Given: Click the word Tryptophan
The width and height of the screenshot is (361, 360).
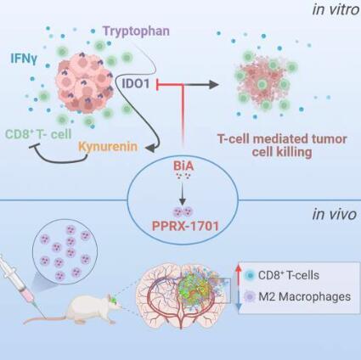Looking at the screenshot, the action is pyautogui.click(x=136, y=31).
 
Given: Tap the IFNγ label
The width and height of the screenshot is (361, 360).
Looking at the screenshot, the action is pyautogui.click(x=24, y=59).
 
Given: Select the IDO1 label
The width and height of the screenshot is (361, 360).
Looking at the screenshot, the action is pyautogui.click(x=136, y=83).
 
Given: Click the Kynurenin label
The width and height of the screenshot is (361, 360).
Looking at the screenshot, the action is pyautogui.click(x=108, y=147).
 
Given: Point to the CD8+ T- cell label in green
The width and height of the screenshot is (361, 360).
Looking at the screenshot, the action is pyautogui.click(x=38, y=134).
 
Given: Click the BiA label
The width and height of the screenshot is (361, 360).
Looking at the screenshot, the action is pyautogui.click(x=183, y=166).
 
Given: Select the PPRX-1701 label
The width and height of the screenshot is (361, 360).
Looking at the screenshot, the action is pyautogui.click(x=185, y=226).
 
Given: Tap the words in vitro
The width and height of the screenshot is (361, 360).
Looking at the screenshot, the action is pyautogui.click(x=336, y=9).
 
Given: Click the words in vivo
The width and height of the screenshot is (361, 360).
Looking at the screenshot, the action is pyautogui.click(x=335, y=214).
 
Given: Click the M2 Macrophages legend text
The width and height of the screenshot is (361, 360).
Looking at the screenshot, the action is pyautogui.click(x=305, y=296).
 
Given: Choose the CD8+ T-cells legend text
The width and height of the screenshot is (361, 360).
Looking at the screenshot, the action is pyautogui.click(x=289, y=275).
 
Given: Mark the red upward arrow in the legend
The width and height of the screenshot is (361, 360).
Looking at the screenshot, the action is pyautogui.click(x=239, y=275).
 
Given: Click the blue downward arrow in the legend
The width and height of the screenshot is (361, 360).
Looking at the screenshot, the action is pyautogui.click(x=239, y=300).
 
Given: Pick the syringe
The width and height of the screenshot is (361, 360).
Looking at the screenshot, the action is pyautogui.click(x=22, y=286).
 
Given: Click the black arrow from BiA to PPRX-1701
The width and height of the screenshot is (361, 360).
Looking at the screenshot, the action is pyautogui.click(x=183, y=194).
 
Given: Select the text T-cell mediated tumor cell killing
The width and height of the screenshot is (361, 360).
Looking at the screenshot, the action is pyautogui.click(x=282, y=146).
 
